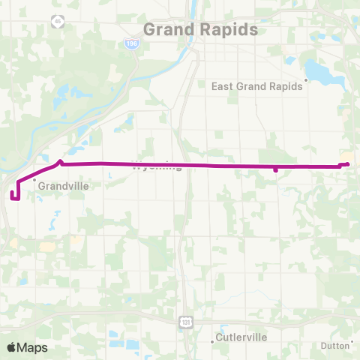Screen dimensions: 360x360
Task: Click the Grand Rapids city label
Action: [200, 30]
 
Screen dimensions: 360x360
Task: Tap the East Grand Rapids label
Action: [257, 85]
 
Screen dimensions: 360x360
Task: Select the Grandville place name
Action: [64, 185]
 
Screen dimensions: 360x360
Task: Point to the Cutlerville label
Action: [241, 337]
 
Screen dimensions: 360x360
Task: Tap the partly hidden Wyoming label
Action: [157, 167]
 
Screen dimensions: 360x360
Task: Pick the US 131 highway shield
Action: [184, 321]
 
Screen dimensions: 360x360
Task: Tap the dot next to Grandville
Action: [34, 180]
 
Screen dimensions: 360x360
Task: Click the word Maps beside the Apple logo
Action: [33, 347]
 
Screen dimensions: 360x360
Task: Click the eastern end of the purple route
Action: [348, 164]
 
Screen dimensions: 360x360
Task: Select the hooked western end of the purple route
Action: [13, 196]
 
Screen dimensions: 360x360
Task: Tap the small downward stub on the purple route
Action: [276, 170]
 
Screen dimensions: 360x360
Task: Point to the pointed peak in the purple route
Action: [61, 159]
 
